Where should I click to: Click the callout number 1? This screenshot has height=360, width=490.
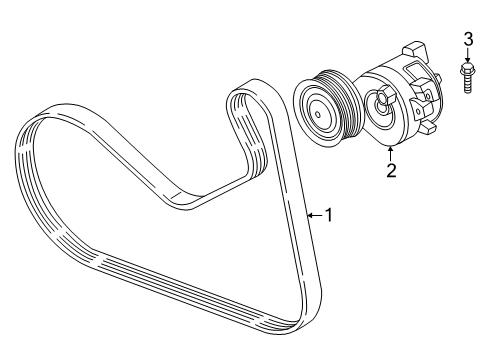click(329, 215)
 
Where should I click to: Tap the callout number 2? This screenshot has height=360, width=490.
click(391, 170)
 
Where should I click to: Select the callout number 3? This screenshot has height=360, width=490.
click(468, 40)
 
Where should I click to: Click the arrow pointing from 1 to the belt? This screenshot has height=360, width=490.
click(315, 216)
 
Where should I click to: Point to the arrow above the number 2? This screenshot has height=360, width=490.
click(390, 154)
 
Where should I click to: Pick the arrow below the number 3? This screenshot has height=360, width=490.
click(468, 55)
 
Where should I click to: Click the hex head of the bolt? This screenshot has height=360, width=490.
click(467, 69)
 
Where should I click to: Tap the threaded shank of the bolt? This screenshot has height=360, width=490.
click(468, 85)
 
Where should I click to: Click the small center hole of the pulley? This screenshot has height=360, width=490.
click(318, 115)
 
